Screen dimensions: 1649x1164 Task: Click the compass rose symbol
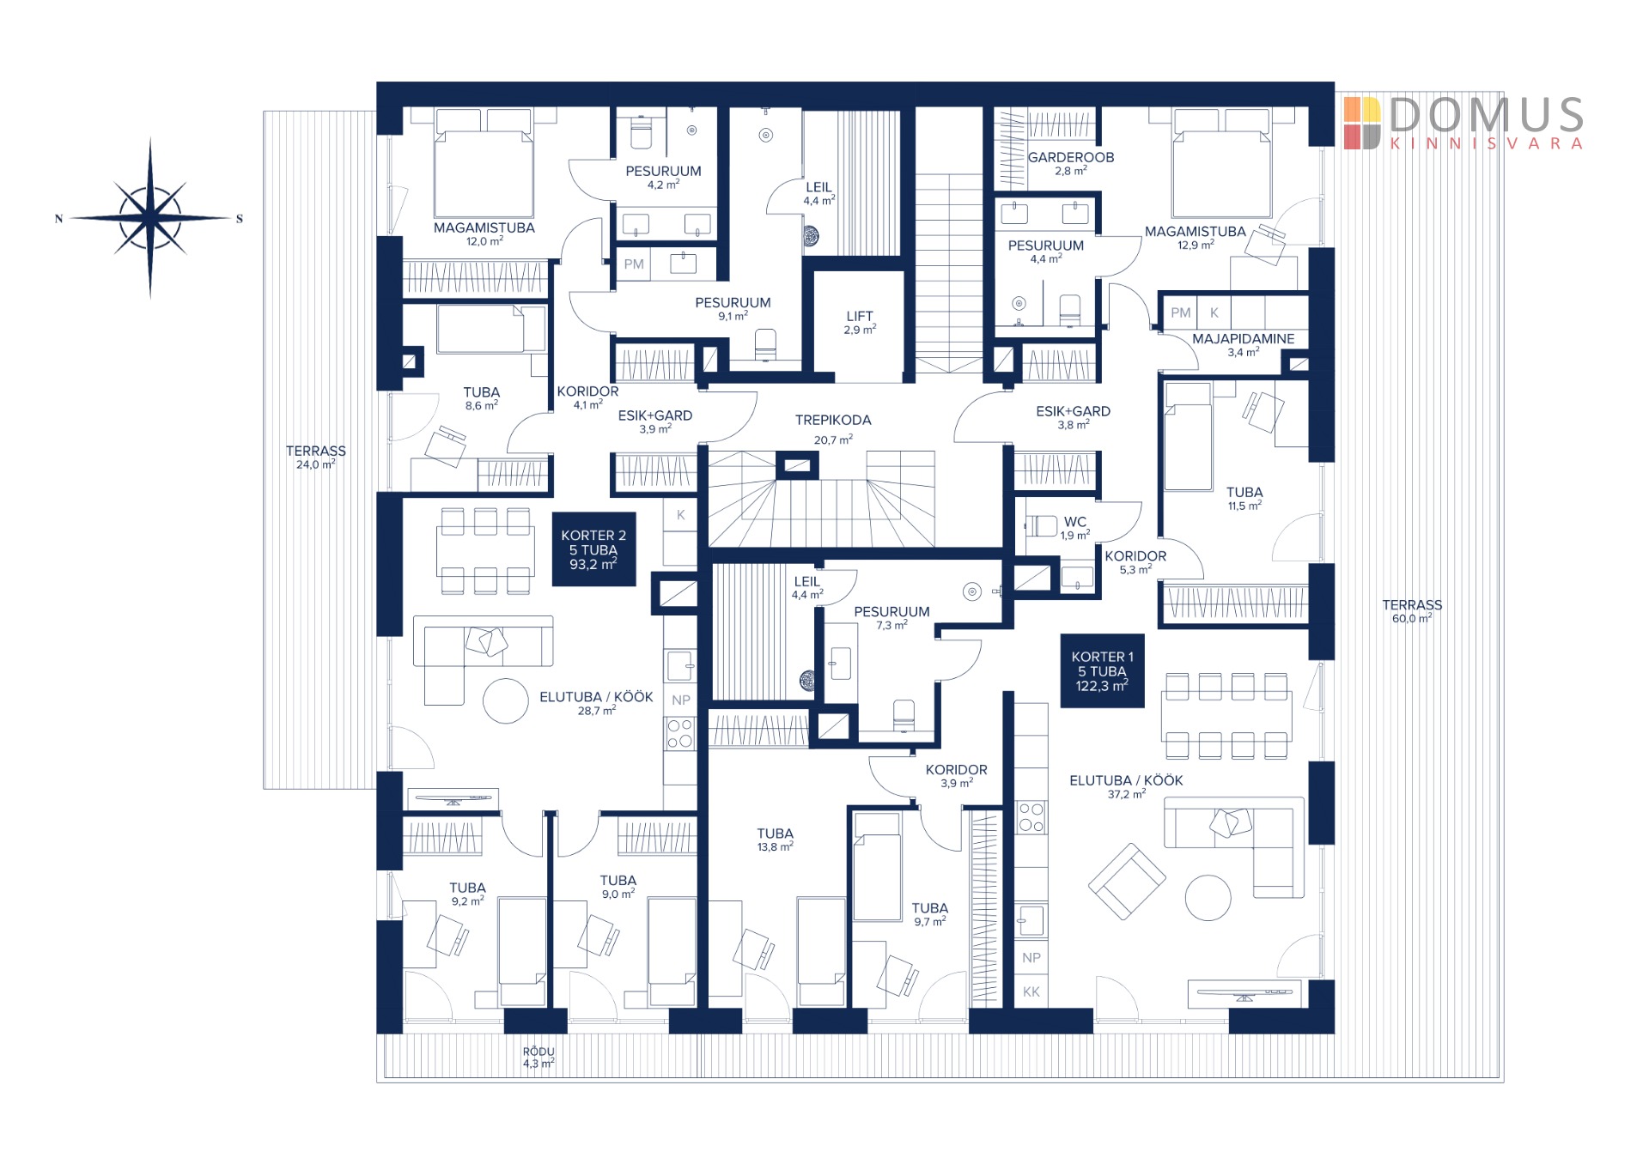click(x=150, y=218)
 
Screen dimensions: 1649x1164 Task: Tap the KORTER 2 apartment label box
click(x=593, y=549)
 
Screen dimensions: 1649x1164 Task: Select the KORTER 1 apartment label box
click(x=1102, y=670)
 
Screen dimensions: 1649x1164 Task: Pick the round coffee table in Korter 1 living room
click(x=1208, y=898)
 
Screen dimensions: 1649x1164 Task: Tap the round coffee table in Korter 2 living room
click(x=505, y=701)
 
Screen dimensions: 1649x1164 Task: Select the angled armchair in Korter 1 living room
click(x=1127, y=881)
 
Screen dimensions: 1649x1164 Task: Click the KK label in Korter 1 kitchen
click(x=1031, y=991)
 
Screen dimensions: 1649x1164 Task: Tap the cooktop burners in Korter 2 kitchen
click(x=679, y=734)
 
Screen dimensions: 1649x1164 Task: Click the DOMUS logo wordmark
click(x=1487, y=115)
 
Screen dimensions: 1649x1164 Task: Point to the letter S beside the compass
click(x=240, y=219)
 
